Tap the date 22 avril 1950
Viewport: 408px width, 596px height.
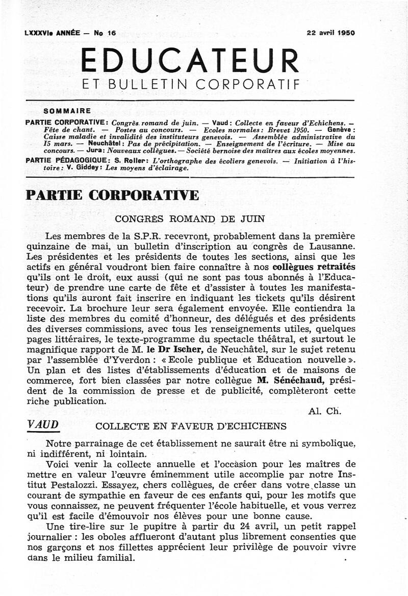(331, 33)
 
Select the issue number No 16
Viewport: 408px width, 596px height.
(105, 33)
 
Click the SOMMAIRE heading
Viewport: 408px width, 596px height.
(67, 110)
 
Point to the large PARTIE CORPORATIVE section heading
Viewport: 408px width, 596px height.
(112, 196)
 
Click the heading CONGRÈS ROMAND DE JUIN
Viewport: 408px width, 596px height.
(189, 220)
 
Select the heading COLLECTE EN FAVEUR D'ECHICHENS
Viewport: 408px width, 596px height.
(191, 426)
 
